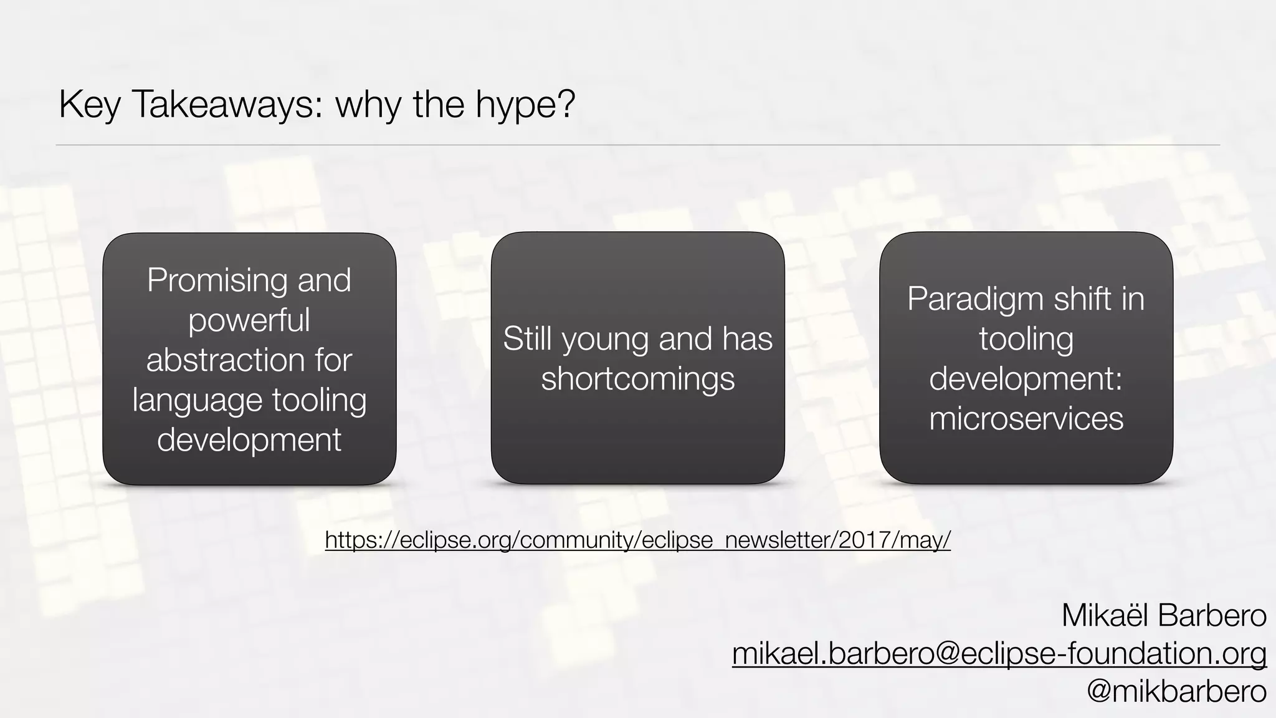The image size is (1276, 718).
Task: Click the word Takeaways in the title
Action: coord(227,104)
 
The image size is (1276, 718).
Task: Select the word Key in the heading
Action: coord(89,104)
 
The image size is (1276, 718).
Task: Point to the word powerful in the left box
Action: coord(249,320)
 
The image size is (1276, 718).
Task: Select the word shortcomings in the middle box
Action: coord(637,378)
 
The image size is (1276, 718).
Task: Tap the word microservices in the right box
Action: coord(1026,418)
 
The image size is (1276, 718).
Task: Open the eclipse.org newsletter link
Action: coord(637,540)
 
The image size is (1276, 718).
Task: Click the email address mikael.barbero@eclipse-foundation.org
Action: coord(999,654)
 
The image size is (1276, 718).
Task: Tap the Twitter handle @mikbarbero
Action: coord(1176,691)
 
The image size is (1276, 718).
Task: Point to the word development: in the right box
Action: coord(1026,378)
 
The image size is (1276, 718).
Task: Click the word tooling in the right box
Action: coord(1026,338)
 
